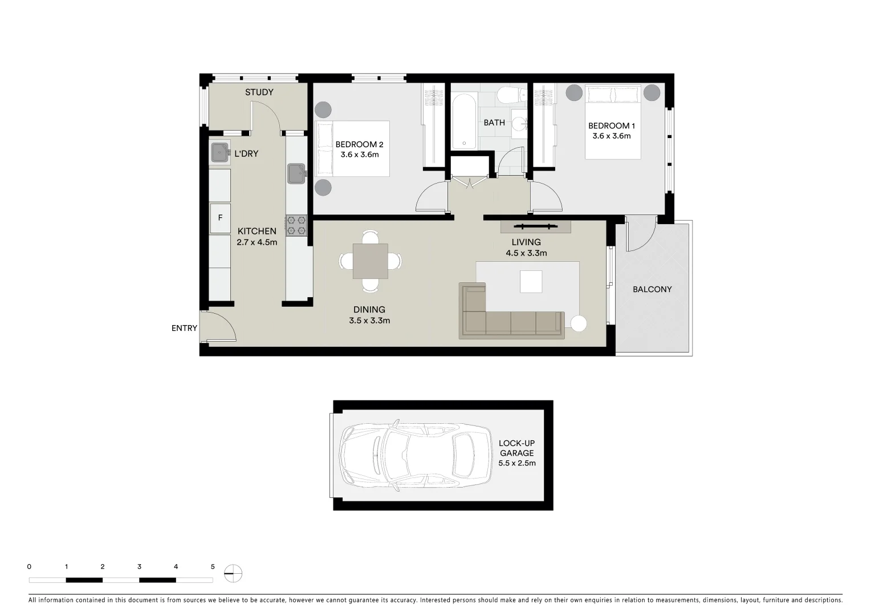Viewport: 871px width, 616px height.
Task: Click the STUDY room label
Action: (259, 92)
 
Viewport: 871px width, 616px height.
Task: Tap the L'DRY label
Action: (246, 154)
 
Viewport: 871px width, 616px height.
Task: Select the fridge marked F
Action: (220, 218)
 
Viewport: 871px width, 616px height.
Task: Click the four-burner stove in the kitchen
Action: (296, 225)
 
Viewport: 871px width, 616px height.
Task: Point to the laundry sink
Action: (220, 153)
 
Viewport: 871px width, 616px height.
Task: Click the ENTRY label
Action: (184, 328)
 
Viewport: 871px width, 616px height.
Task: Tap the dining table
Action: (370, 261)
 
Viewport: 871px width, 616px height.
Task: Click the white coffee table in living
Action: (531, 282)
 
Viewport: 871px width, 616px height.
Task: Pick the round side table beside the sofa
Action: (579, 323)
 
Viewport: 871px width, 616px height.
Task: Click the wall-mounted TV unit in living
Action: (535, 227)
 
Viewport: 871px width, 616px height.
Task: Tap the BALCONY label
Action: (652, 289)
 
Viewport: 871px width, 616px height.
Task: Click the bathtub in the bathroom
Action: (465, 121)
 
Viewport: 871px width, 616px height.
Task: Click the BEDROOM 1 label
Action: (611, 125)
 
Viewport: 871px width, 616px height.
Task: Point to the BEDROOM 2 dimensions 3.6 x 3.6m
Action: (360, 155)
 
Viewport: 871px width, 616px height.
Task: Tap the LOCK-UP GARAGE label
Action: (516, 448)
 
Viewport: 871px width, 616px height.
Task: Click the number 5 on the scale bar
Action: (213, 567)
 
